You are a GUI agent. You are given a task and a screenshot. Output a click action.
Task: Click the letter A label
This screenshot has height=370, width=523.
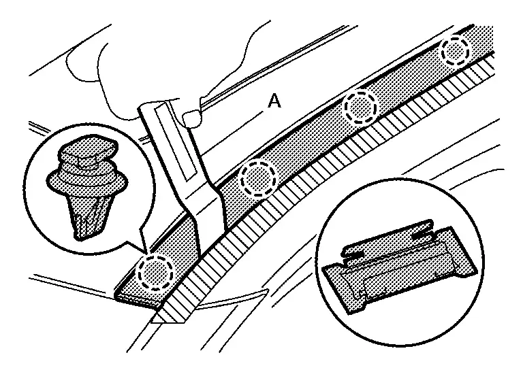274,101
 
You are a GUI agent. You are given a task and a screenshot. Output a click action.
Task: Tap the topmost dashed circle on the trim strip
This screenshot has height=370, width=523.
455,50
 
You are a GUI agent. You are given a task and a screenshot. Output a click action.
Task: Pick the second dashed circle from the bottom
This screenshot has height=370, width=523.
259,177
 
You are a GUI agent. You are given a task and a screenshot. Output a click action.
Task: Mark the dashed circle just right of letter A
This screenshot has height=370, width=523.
360,107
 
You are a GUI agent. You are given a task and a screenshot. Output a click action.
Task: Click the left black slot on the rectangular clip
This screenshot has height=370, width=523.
353,254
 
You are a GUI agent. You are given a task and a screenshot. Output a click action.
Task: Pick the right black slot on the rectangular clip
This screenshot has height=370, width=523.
424,236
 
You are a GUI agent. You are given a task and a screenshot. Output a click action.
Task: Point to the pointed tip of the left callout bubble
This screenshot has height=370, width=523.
146,252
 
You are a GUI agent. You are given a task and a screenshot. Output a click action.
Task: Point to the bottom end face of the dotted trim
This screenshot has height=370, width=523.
140,299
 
